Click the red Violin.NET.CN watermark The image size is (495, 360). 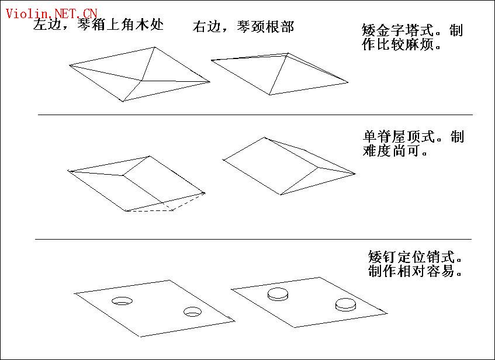pyautogui.click(x=51, y=13)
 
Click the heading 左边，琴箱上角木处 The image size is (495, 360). pyautogui.click(x=98, y=25)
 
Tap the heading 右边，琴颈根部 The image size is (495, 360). pyautogui.click(x=243, y=27)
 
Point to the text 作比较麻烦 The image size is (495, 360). pyautogui.click(x=398, y=44)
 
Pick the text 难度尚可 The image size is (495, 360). pyautogui.click(x=392, y=151)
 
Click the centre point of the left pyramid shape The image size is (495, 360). pyautogui.click(x=142, y=81)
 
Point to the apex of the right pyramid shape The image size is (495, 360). pyautogui.click(x=288, y=54)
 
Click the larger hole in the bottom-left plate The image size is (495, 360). pyautogui.click(x=122, y=301)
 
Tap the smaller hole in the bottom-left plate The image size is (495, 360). pyautogui.click(x=193, y=311)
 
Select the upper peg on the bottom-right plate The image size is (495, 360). pyautogui.click(x=278, y=294)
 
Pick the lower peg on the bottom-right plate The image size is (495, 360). pyautogui.click(x=345, y=304)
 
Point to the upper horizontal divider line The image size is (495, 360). pyautogui.click(x=255, y=115)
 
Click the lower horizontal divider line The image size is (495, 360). pyautogui.click(x=253, y=240)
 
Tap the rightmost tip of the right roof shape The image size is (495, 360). pyautogui.click(x=355, y=174)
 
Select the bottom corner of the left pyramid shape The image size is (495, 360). pyautogui.click(x=123, y=101)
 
